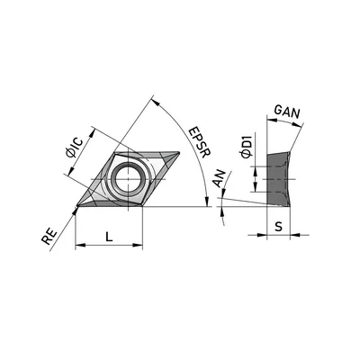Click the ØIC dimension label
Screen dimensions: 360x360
(74, 148)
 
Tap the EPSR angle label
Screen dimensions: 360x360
(200, 142)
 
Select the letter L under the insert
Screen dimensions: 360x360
(109, 237)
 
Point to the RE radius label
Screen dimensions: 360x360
(49, 237)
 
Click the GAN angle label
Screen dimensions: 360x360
(287, 112)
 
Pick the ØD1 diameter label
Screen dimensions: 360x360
(247, 146)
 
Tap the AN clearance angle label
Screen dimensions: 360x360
(220, 178)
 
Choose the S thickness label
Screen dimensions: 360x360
(279, 227)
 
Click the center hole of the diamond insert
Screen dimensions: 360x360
(128, 179)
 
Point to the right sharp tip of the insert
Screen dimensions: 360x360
(179, 153)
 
